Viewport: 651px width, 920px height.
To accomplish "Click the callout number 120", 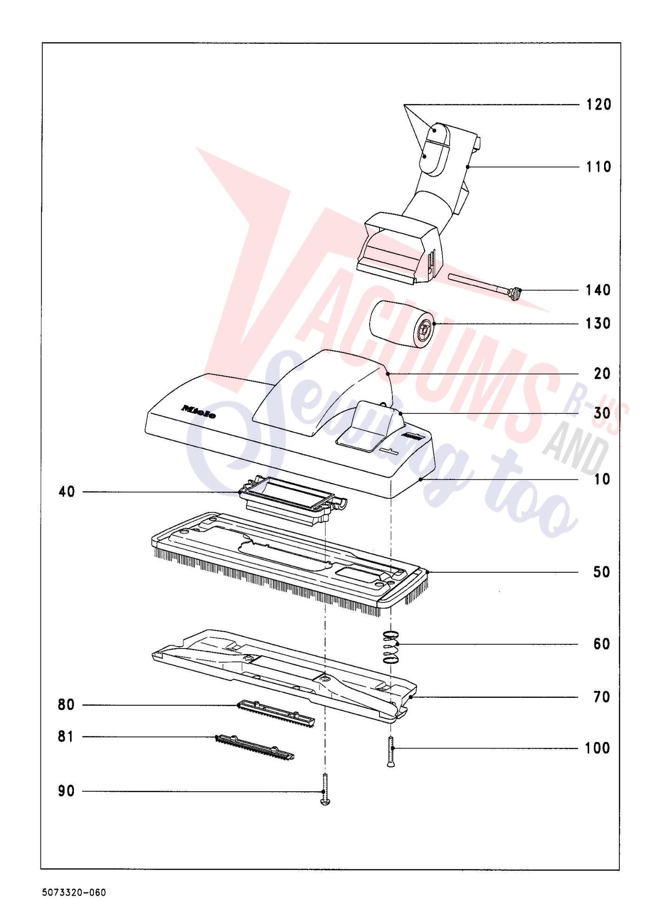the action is coord(598,104).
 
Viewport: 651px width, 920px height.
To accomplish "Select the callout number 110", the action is coord(598,166).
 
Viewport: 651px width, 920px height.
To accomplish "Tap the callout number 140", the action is coord(598,290).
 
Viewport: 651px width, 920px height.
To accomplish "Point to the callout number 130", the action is coord(598,323).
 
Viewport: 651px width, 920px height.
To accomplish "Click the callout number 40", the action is coord(66,492).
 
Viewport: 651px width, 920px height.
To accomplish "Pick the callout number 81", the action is coord(66,737).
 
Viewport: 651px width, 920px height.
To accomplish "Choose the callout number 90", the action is coord(66,791).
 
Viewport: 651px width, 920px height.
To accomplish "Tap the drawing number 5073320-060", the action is coord(73,893).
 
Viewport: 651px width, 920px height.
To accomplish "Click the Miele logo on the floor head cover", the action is coord(199,411).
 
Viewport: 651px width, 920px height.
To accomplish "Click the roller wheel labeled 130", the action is coord(403,324).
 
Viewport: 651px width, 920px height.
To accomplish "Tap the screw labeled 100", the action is coord(391,752).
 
